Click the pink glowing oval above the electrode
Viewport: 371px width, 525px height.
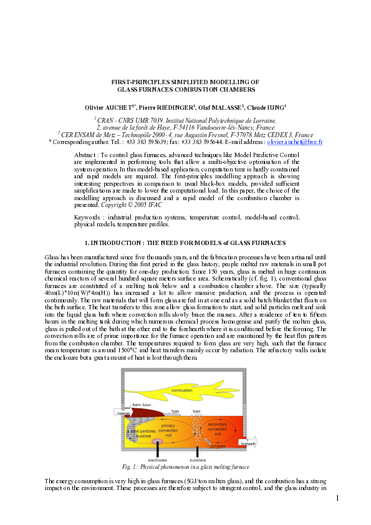156,441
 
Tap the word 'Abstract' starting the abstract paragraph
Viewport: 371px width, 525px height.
85,154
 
